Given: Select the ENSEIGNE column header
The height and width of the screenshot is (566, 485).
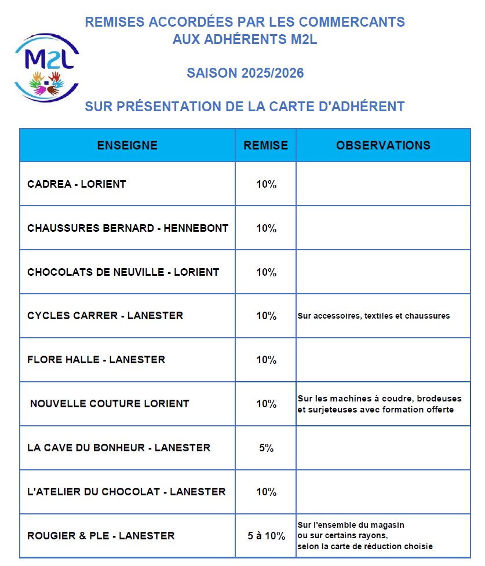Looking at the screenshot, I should point(127,145).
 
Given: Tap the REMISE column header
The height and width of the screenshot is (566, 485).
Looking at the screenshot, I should point(265,145).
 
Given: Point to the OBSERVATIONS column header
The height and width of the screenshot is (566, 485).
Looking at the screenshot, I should point(383,145).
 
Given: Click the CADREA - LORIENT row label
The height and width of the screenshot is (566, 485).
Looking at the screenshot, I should point(76,184).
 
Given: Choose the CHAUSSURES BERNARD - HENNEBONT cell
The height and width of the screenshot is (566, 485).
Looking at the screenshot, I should point(127,228).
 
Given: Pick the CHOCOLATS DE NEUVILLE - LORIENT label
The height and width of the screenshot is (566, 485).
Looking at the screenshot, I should point(123,272).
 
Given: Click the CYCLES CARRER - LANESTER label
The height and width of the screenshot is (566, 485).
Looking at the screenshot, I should point(105,316).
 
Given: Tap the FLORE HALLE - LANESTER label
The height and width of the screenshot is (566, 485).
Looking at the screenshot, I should point(96,360).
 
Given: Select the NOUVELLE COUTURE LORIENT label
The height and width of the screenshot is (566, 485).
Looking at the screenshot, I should point(110,404).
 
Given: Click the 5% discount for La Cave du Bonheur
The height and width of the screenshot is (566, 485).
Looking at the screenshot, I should point(266,448).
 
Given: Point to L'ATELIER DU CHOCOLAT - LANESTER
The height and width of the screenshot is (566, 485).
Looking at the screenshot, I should point(126,492).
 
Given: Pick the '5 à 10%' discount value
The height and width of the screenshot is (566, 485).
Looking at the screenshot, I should point(266,536).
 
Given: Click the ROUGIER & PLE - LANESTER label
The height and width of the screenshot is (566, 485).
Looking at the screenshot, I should point(101,536).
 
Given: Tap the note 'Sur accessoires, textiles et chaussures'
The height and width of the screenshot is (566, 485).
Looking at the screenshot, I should point(374,316).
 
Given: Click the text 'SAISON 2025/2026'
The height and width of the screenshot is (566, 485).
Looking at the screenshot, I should point(245,74).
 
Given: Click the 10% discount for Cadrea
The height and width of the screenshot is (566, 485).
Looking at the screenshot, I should point(266,185).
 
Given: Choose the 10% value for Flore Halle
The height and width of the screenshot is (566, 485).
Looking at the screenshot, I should point(266,360).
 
